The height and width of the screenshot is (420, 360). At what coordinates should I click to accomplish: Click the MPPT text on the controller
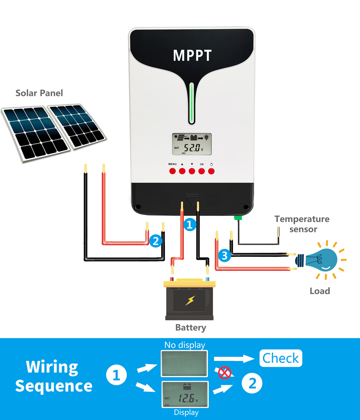[x=192, y=55]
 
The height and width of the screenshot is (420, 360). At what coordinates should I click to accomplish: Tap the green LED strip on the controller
[x=192, y=103]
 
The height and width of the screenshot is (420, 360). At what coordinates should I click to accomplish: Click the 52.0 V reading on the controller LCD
[x=193, y=148]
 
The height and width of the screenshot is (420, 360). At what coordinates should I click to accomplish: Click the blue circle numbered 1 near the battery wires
[x=190, y=225]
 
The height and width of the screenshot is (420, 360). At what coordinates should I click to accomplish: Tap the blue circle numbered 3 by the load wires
[x=225, y=256]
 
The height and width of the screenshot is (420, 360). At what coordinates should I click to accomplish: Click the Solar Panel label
[x=39, y=93]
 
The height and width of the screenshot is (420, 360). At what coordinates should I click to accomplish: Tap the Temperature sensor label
[x=302, y=224]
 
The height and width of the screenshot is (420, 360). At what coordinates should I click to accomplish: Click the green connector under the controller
[x=238, y=217]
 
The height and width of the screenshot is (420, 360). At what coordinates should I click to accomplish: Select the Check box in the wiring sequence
[x=281, y=358]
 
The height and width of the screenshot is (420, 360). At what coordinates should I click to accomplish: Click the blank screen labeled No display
[x=185, y=363]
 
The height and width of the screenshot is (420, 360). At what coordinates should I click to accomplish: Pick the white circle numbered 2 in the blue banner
[x=252, y=384]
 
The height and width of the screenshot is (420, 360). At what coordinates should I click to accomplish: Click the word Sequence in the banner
[x=54, y=386]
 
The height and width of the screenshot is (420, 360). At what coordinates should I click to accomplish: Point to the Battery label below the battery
[x=190, y=328]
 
